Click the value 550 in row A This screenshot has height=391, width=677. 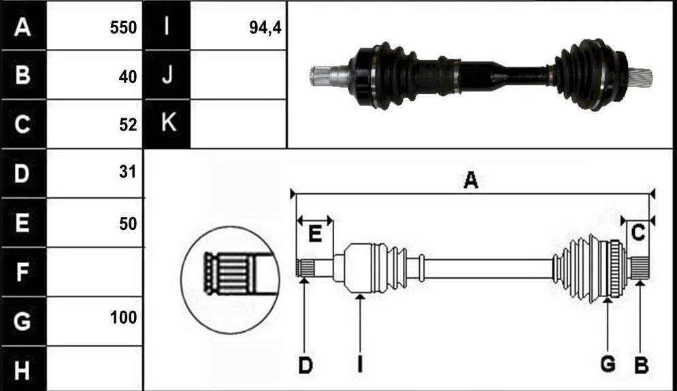pyautogui.click(x=123, y=28)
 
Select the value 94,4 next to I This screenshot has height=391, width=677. pyautogui.click(x=265, y=28)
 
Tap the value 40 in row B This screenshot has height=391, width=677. pyautogui.click(x=128, y=77)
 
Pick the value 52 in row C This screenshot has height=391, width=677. pyautogui.click(x=128, y=124)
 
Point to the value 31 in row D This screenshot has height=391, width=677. pyautogui.click(x=128, y=172)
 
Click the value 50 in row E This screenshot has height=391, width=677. pyautogui.click(x=128, y=224)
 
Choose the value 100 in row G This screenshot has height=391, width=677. pyautogui.click(x=123, y=318)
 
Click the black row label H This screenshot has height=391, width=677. pyautogui.click(x=23, y=369)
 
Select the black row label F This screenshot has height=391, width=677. pyautogui.click(x=23, y=272)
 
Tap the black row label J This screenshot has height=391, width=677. pyautogui.click(x=167, y=75)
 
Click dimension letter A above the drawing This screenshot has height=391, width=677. pyautogui.click(x=471, y=180)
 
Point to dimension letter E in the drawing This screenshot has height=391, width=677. pyautogui.click(x=315, y=235)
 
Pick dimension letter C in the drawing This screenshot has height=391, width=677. pyautogui.click(x=638, y=233)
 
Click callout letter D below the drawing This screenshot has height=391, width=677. pyautogui.click(x=306, y=366)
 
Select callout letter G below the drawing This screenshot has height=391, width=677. pyautogui.click(x=608, y=364)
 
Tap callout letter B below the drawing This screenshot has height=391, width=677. pyautogui.click(x=641, y=366)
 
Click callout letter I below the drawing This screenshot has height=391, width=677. pyautogui.click(x=360, y=365)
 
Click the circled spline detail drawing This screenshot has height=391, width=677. pyautogui.click(x=230, y=280)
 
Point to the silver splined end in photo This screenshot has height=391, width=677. pyautogui.click(x=328, y=76)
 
